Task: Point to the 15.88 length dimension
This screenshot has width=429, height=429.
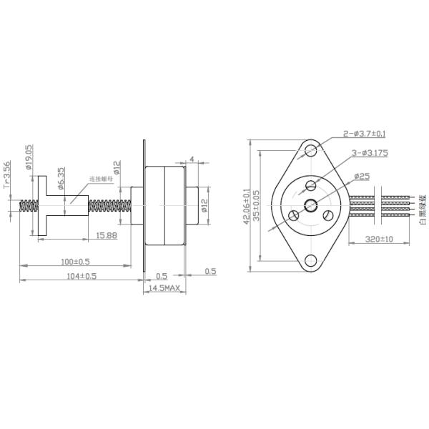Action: tap(106, 235)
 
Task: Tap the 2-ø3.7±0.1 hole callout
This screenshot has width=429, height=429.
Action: tap(365, 134)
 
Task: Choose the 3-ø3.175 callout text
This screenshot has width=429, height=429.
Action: tap(369, 153)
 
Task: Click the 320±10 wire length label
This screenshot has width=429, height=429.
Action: tap(379, 240)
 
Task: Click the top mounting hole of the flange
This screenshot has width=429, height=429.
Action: tap(311, 151)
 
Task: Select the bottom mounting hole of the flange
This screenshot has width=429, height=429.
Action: tap(311, 262)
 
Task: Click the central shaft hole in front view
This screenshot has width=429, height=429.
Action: tap(311, 206)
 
